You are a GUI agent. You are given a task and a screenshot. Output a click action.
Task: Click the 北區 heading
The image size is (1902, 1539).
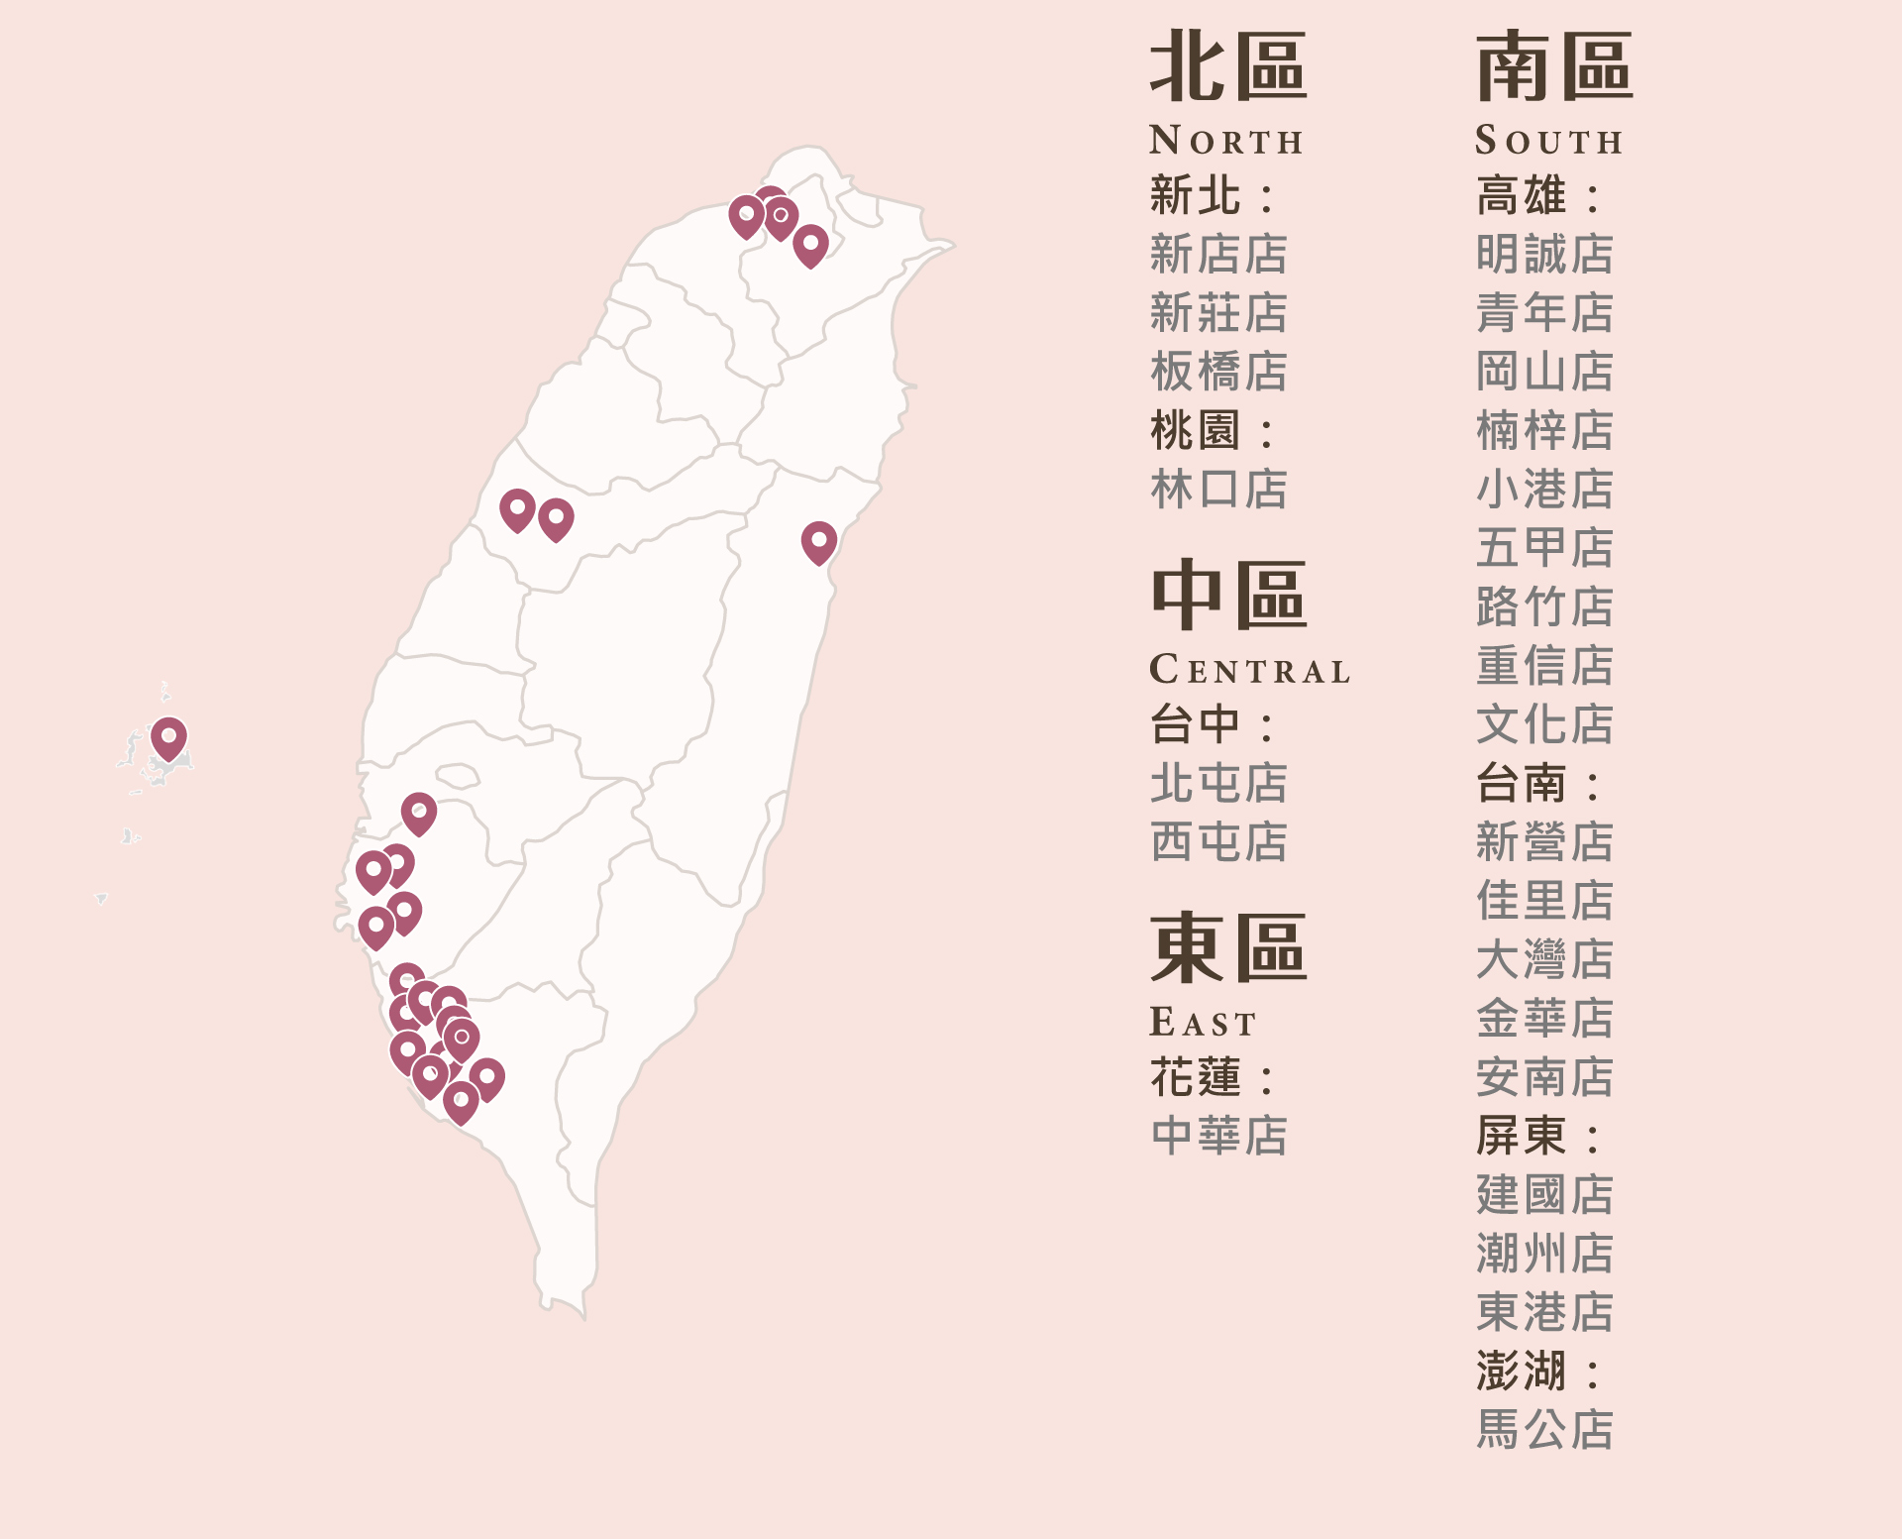[x=1227, y=66]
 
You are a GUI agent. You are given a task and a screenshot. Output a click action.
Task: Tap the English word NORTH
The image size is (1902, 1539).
[x=1225, y=141]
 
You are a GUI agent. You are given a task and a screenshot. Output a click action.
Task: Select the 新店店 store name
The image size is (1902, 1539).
[x=1218, y=255]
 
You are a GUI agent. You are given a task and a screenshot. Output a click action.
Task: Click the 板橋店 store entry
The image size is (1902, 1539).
[x=1218, y=373]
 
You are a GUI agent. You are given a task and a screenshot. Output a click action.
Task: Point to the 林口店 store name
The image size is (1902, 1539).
[x=1218, y=490]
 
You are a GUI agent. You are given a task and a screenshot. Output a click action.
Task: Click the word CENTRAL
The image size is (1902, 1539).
[x=1249, y=670]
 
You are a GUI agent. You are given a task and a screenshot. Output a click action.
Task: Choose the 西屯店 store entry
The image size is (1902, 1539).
[x=1218, y=842]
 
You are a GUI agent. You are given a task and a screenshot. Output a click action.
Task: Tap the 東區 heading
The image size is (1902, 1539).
[x=1227, y=948]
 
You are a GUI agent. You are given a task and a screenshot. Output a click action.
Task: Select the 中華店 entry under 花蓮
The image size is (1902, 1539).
[x=1218, y=1136]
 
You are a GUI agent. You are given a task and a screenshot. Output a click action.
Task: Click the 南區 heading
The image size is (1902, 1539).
[x=1553, y=66]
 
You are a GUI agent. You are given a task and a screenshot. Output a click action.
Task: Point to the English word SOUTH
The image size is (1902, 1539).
[x=1548, y=141]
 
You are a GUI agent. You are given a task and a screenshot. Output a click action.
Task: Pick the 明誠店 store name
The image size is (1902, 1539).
[x=1544, y=255]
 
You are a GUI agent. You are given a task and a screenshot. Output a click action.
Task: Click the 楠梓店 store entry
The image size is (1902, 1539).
[x=1544, y=431]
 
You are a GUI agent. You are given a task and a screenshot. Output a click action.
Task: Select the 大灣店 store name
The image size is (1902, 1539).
[x=1544, y=959]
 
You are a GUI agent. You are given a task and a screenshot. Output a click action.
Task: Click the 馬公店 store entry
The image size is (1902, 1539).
[x=1544, y=1430]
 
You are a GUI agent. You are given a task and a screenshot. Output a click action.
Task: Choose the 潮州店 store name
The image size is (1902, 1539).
[x=1544, y=1254]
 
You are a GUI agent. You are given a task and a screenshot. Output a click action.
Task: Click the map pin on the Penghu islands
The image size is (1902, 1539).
[x=169, y=737]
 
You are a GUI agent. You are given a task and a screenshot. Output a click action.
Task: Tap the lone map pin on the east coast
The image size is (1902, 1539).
[x=819, y=541]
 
